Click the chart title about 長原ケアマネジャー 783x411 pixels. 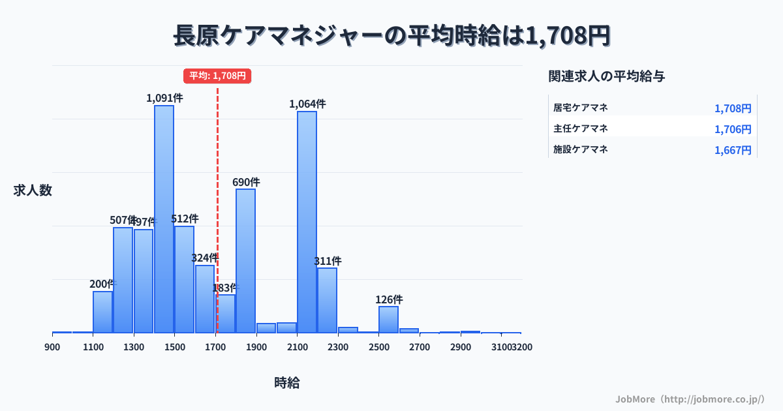point(391,36)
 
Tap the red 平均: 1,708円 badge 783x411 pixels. point(217,76)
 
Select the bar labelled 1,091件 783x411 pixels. point(164,219)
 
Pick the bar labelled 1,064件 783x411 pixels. point(307,222)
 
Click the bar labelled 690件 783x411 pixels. point(245,261)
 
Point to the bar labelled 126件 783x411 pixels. point(388,320)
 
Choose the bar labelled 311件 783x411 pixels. point(327,300)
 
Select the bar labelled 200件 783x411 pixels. point(102,312)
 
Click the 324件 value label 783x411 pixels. point(204,258)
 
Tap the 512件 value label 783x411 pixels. point(185,219)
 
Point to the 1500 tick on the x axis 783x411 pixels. point(175,347)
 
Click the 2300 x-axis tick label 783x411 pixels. point(338,347)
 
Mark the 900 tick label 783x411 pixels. point(52,347)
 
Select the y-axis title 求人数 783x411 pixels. point(33,190)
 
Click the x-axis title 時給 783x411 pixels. point(287,383)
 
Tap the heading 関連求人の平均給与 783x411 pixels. point(607,76)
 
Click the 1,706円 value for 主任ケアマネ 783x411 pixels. point(733,129)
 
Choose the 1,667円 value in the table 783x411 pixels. point(733,150)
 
